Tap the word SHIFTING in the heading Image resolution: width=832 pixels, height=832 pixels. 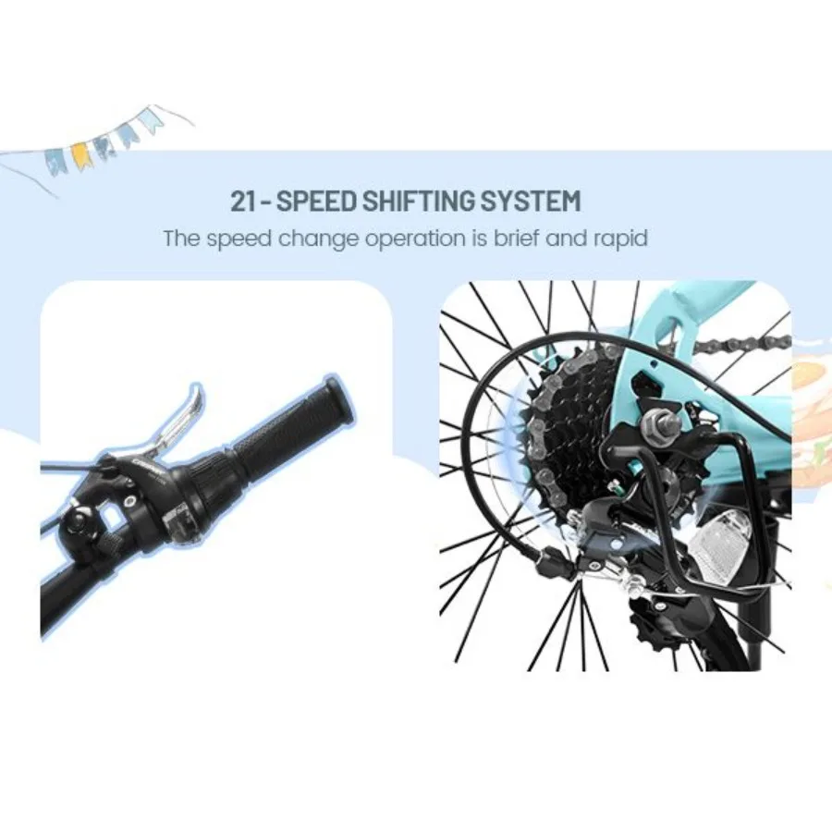click(426, 201)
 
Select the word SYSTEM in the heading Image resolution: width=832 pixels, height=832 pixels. click(536, 201)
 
